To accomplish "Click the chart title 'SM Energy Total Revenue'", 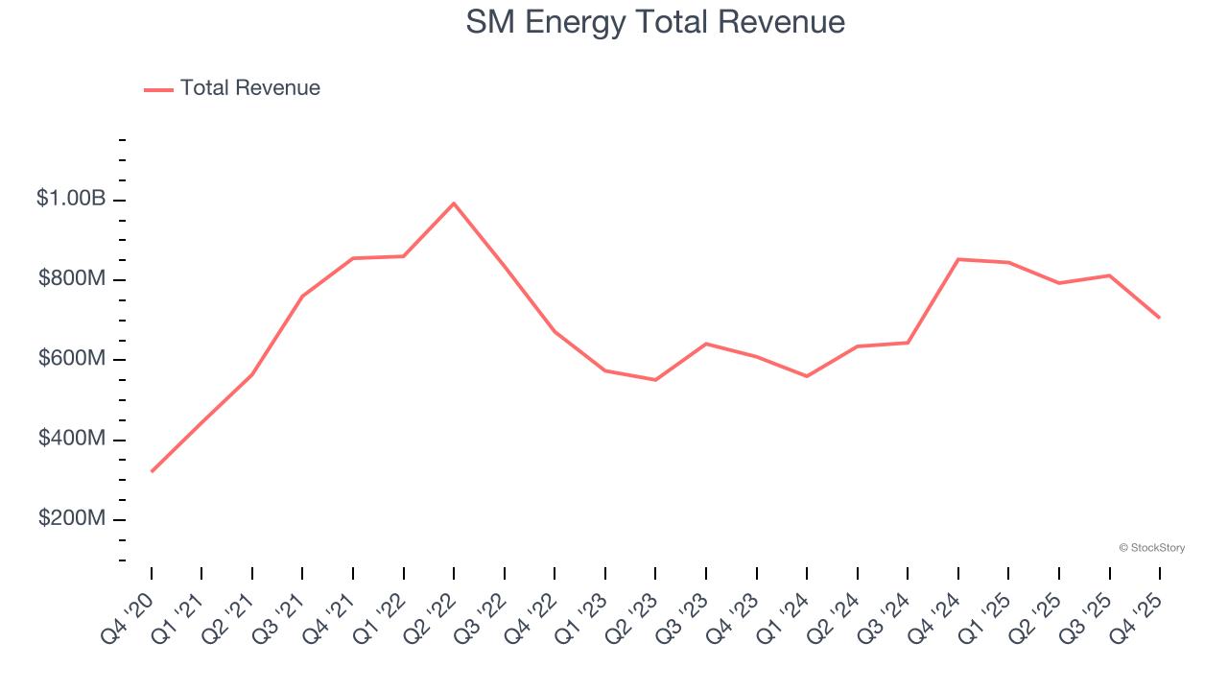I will (655, 22).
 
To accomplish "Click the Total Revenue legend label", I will (249, 88).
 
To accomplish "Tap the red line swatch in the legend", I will (158, 89).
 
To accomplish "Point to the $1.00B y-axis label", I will (71, 199).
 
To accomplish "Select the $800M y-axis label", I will (72, 279).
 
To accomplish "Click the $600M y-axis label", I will (72, 359).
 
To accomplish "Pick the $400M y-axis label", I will (72, 439).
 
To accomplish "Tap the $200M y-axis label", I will (72, 519).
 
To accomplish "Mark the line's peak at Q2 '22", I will (454, 203).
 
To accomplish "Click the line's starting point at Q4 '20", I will (152, 471).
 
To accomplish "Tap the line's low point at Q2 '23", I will (655, 380).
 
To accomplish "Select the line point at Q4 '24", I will (958, 259).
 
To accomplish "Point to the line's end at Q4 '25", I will (1160, 318).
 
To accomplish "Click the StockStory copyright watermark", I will (1151, 548).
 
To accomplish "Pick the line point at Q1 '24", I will (807, 376).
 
